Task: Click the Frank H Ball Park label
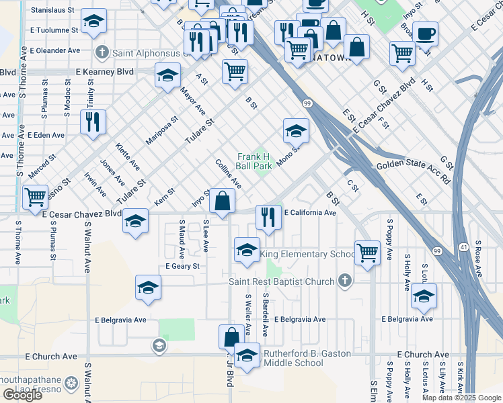pyautogui.click(x=254, y=161)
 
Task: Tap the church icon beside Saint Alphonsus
pyautogui.click(x=102, y=51)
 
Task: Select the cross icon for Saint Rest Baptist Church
pyautogui.click(x=345, y=281)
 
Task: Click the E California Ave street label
pyautogui.click(x=309, y=213)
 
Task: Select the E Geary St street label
pyautogui.click(x=183, y=266)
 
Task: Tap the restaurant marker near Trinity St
pyautogui.click(x=92, y=122)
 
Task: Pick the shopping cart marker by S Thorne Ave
pyautogui.click(x=35, y=197)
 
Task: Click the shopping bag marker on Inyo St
pyautogui.click(x=223, y=199)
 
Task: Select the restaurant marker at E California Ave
pyautogui.click(x=268, y=217)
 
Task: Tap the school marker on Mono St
pyautogui.click(x=296, y=131)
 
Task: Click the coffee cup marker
pyautogui.click(x=424, y=34)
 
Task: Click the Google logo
pyautogui.click(x=22, y=395)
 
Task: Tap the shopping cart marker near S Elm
pyautogui.click(x=367, y=253)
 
